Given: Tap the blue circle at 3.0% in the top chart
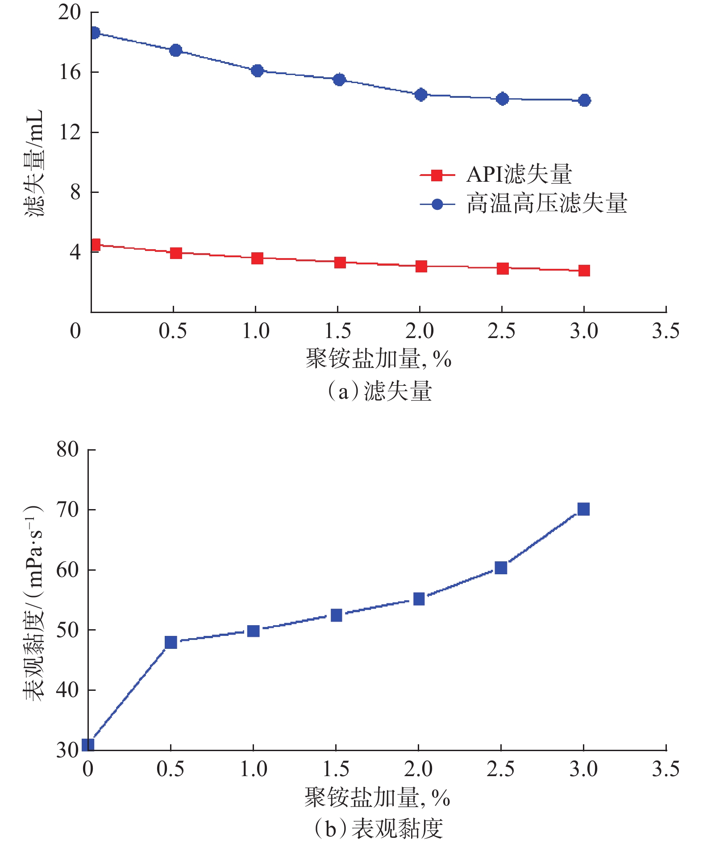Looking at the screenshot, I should click(584, 100).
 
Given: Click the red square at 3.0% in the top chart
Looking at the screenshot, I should click(584, 271).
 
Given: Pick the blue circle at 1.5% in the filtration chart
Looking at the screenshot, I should click(339, 80).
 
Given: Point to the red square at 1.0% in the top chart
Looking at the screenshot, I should click(257, 258).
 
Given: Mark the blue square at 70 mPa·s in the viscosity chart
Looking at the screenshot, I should click(583, 509).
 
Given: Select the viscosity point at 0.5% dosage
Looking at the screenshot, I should click(171, 643).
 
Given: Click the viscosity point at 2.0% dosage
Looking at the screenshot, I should click(419, 599).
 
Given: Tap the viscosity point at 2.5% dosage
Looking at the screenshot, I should click(501, 568).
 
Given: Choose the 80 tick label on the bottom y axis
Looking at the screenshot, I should click(67, 449).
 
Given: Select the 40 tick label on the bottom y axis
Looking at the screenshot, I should click(67, 690).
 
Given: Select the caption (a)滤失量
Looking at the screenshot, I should click(379, 391).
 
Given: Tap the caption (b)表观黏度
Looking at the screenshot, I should click(379, 829).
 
